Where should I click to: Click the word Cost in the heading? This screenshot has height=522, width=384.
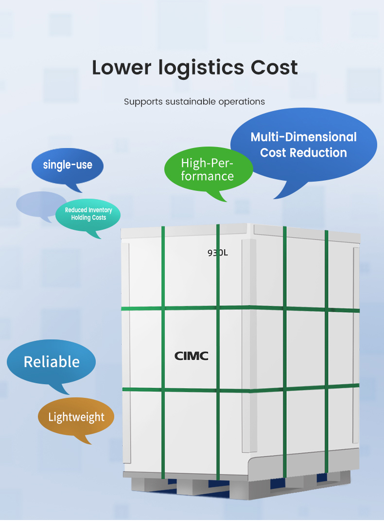click(x=274, y=67)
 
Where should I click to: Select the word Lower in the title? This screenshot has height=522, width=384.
click(x=122, y=67)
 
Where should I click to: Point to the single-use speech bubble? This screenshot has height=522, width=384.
click(x=68, y=165)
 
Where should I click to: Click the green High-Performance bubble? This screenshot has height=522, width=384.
click(x=208, y=169)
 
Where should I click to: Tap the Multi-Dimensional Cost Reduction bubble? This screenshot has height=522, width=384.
click(x=303, y=145)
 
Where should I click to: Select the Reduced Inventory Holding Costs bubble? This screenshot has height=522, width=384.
click(x=88, y=214)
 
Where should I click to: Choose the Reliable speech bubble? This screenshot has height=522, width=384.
click(x=52, y=362)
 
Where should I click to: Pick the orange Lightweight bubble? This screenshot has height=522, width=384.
click(x=76, y=417)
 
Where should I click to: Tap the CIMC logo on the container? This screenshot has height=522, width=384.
click(x=192, y=356)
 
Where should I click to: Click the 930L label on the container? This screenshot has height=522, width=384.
click(x=217, y=253)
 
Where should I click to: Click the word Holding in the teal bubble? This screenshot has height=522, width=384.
click(x=81, y=218)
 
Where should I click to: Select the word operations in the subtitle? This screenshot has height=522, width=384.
click(x=242, y=102)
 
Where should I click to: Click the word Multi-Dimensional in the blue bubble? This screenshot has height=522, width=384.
click(x=303, y=137)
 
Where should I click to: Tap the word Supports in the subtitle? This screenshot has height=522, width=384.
click(x=143, y=102)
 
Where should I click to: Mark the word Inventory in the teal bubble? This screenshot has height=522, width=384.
click(x=100, y=210)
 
